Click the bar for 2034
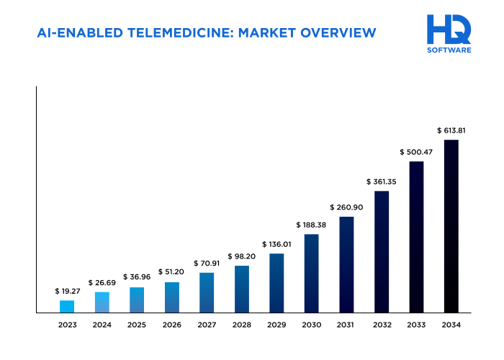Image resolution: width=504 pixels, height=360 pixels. [x=451, y=226]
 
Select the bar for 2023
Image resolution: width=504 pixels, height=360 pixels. [x=67, y=306]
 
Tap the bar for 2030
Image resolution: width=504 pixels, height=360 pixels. [x=311, y=273]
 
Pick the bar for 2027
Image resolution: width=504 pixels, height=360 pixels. [x=207, y=292]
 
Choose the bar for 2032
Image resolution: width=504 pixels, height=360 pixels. [x=382, y=251]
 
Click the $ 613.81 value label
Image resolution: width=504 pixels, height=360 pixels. [x=451, y=130]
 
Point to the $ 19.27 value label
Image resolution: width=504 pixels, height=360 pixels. [x=67, y=291]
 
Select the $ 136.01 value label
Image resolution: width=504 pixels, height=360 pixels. [x=276, y=244]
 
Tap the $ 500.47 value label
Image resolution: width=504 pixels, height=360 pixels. [x=416, y=152]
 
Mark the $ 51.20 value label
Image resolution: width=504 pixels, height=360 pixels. [x=171, y=272]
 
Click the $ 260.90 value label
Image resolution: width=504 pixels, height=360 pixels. [x=346, y=207]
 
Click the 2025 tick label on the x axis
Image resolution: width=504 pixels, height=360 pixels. [x=137, y=325]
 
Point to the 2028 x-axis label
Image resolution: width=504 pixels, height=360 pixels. [x=241, y=325]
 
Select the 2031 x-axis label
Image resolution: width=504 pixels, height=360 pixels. [x=346, y=325]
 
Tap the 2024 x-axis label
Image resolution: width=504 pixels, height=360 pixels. [x=102, y=325]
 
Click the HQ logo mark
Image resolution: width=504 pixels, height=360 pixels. [x=449, y=30]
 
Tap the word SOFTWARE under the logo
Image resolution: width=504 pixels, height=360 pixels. [x=449, y=50]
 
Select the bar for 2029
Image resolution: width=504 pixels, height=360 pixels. [x=276, y=283]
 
